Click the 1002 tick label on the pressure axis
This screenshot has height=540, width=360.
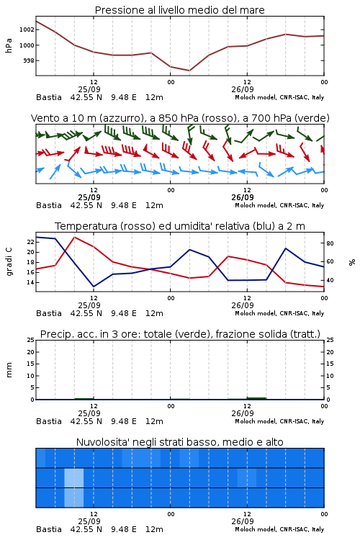27,30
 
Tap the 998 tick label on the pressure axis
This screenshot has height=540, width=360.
28,60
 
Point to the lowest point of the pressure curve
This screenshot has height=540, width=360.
189,71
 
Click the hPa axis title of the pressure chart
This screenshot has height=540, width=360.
9,45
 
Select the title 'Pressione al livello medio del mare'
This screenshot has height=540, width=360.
180,10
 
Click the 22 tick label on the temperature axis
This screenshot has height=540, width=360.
30,242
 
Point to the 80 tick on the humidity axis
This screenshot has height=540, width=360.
330,243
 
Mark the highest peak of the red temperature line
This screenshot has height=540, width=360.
74,237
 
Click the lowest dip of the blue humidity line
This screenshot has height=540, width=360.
94,287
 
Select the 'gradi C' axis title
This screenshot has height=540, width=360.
9,262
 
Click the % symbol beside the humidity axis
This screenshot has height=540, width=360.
352,262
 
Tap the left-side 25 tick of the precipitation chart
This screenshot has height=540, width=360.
30,340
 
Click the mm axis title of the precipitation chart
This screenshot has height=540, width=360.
9,370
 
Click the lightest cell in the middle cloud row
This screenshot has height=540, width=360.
74,477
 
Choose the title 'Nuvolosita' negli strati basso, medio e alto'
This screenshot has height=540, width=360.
180,442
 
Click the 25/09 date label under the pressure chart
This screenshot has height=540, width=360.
89,89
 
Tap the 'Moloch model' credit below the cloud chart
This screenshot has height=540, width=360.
255,529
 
